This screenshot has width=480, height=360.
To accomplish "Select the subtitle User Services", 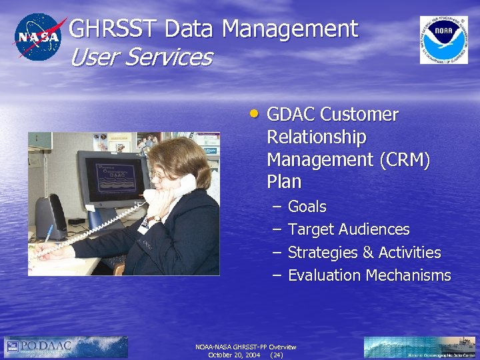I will point(141,57).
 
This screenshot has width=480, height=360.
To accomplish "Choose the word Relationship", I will point(316,137).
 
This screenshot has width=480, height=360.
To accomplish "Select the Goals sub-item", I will point(307,207).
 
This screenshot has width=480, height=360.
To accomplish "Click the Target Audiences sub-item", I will point(348,229).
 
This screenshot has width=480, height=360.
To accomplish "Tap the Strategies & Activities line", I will point(364,253).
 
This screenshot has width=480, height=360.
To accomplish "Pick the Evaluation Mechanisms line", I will point(369,275).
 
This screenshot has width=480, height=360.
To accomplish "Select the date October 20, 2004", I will point(234,355).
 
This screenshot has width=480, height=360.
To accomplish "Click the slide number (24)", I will point(276,355).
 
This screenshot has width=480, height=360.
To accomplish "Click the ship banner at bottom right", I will point(420,347).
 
